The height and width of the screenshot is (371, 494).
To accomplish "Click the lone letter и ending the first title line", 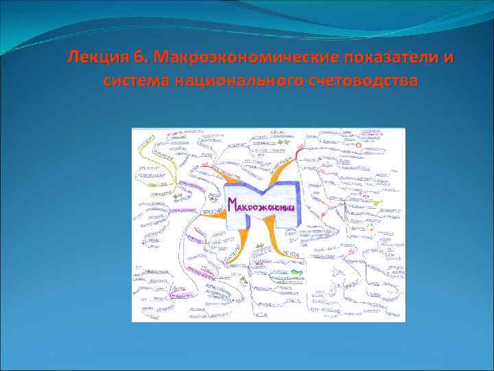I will tap(449, 56).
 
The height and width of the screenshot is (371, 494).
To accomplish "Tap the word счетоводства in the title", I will tap(360, 81).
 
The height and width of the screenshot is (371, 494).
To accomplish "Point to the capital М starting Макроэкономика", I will tap(233, 203).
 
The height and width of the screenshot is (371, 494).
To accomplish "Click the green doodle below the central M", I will tap(294, 273).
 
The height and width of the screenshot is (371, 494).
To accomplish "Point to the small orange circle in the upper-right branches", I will tap(359, 146).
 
